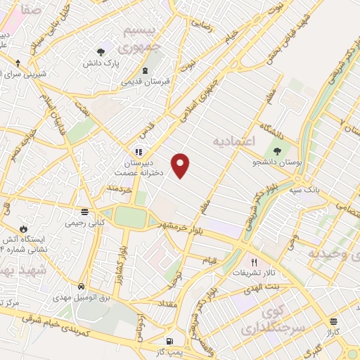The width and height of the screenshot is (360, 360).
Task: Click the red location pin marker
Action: pos(181,164)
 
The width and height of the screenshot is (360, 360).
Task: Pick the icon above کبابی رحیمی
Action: pos(84,212)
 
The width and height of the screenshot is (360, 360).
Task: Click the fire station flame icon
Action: pos(24,229)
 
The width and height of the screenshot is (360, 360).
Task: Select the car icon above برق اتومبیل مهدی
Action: pos(82,287)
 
